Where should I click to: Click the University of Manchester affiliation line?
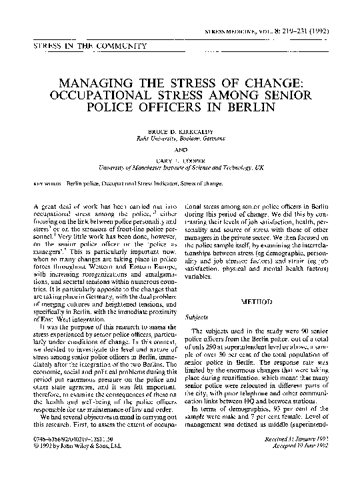[180, 169]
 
